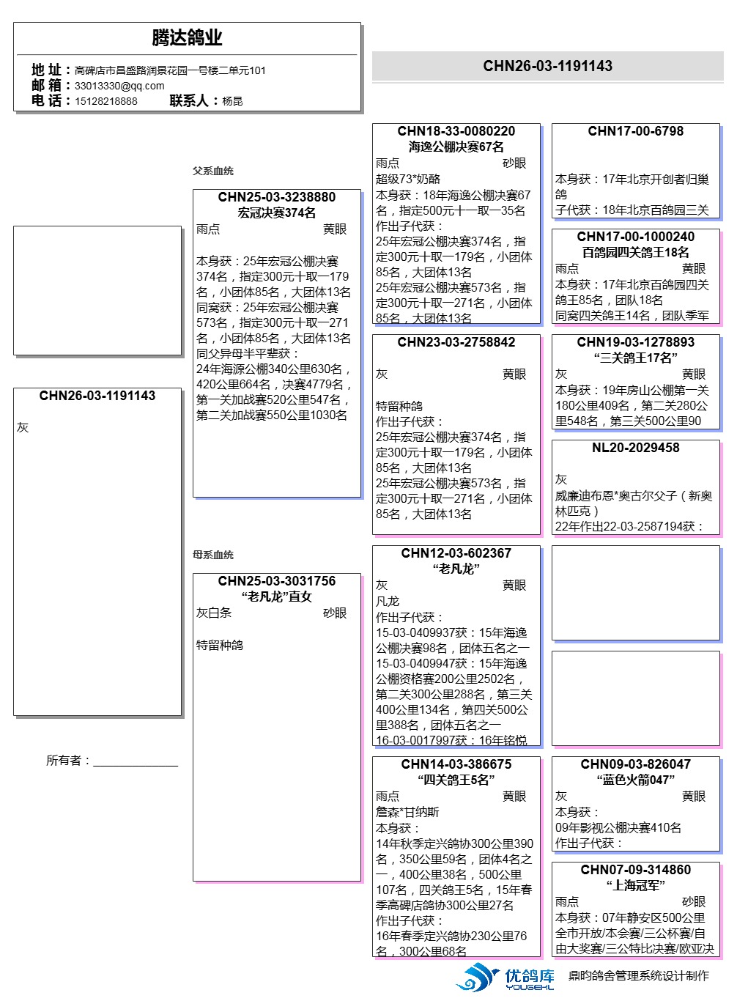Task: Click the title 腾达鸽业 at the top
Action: [187, 37]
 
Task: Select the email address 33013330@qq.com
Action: [119, 86]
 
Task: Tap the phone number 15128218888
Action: [105, 101]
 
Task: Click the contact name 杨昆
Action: [232, 101]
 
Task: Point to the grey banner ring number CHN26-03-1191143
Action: [547, 66]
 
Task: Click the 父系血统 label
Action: [213, 171]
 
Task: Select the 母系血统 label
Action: [213, 555]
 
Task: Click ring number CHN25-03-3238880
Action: [276, 197]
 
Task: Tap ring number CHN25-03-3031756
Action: [276, 581]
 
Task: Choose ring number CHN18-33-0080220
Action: [456, 131]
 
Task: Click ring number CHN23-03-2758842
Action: [456, 342]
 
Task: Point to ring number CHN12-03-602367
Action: [456, 553]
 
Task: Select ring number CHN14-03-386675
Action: [456, 764]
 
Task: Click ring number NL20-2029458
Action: [635, 448]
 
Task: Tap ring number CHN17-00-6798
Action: [635, 131]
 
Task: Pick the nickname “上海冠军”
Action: [635, 885]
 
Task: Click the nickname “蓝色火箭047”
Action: [635, 780]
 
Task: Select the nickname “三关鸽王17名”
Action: [635, 358]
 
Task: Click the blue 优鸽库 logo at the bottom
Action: [505, 978]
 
